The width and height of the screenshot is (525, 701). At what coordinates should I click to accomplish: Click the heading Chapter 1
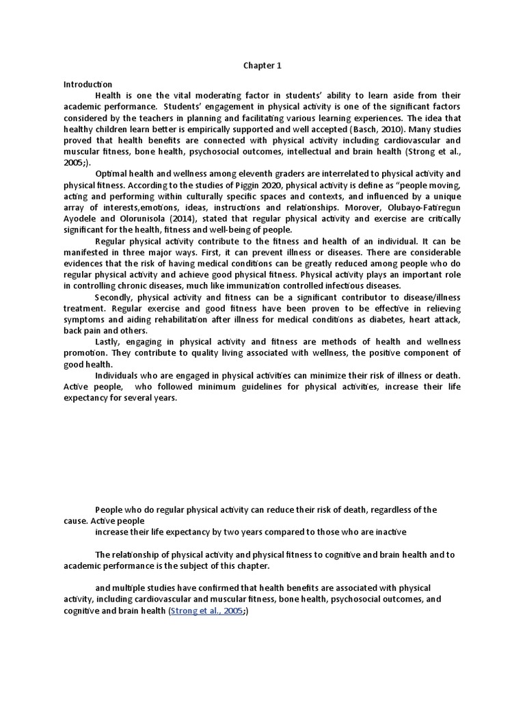pos(262,66)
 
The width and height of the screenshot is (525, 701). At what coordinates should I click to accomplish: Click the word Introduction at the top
pos(88,84)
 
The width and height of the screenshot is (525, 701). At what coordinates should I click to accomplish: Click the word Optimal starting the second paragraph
pos(111,175)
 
